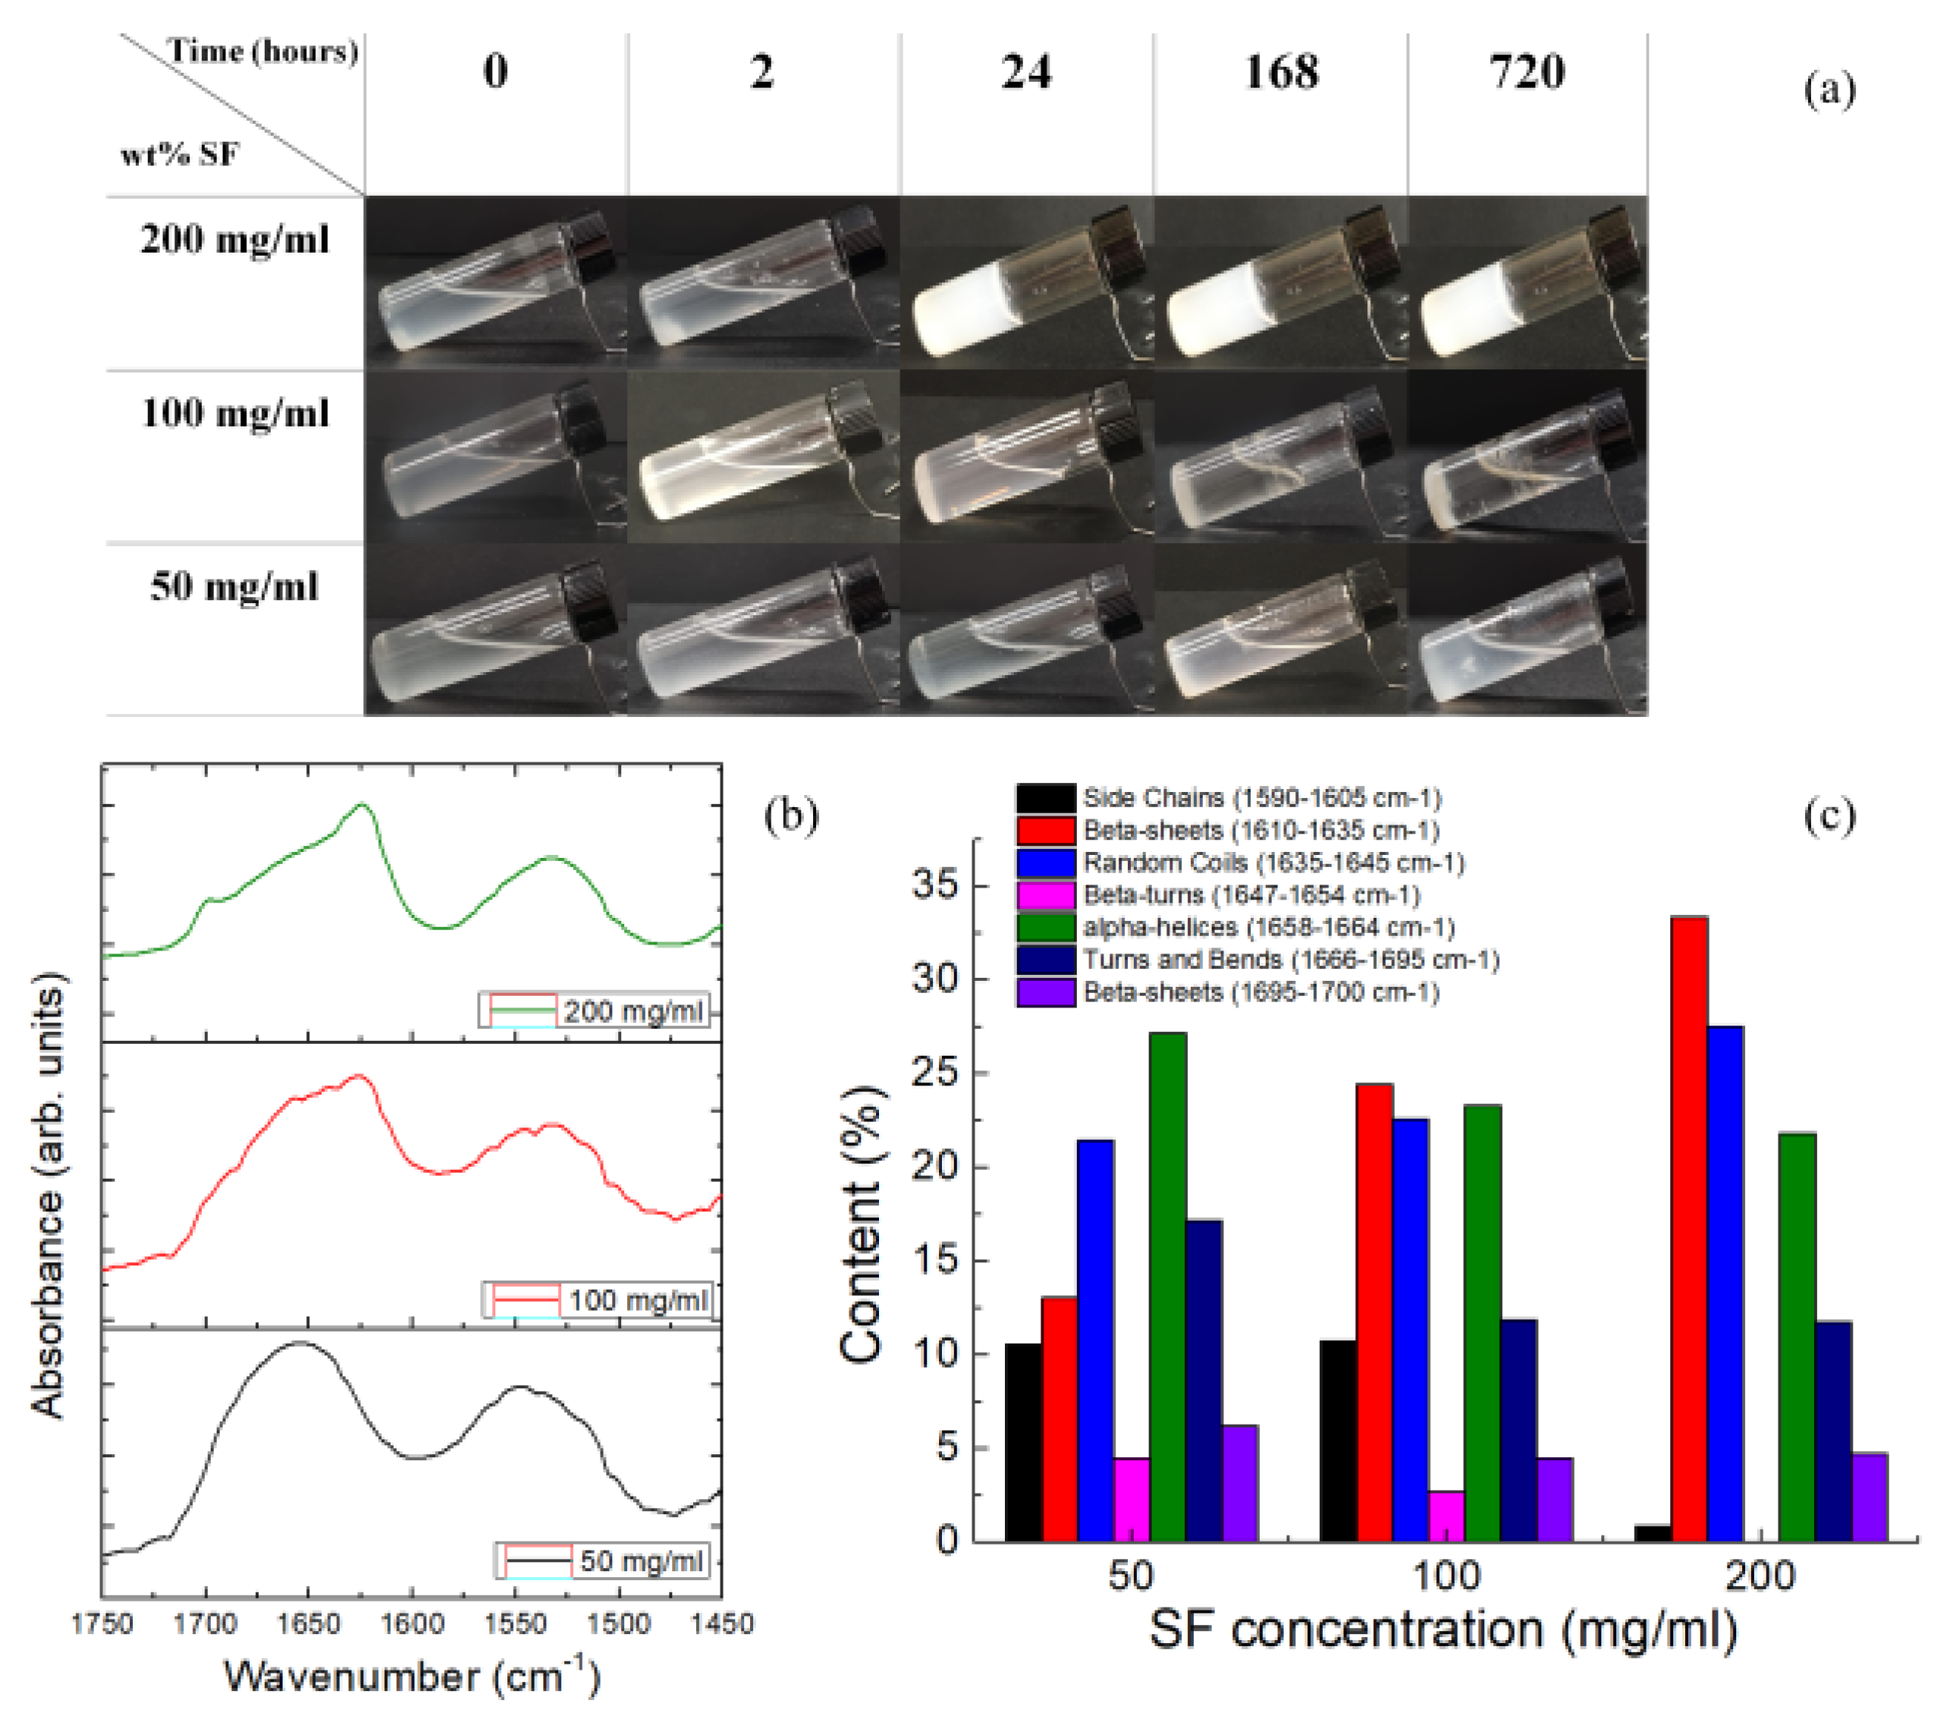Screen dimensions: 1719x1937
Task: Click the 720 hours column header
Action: (1527, 72)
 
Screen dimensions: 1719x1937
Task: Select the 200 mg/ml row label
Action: (235, 239)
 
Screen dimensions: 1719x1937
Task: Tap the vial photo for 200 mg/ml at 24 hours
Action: (1026, 282)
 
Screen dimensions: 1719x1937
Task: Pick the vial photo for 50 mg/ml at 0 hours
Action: (495, 629)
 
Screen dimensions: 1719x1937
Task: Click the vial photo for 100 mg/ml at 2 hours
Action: (764, 456)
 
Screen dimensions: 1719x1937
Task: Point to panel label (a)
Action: (1828, 91)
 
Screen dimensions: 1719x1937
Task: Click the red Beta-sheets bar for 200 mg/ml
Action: (1689, 1229)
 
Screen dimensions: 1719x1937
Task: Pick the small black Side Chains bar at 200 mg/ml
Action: (1653, 1532)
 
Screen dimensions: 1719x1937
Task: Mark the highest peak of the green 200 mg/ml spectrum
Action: (361, 805)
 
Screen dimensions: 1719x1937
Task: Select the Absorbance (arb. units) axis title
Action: (49, 1194)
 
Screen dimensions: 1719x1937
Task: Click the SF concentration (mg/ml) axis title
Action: (1443, 1632)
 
